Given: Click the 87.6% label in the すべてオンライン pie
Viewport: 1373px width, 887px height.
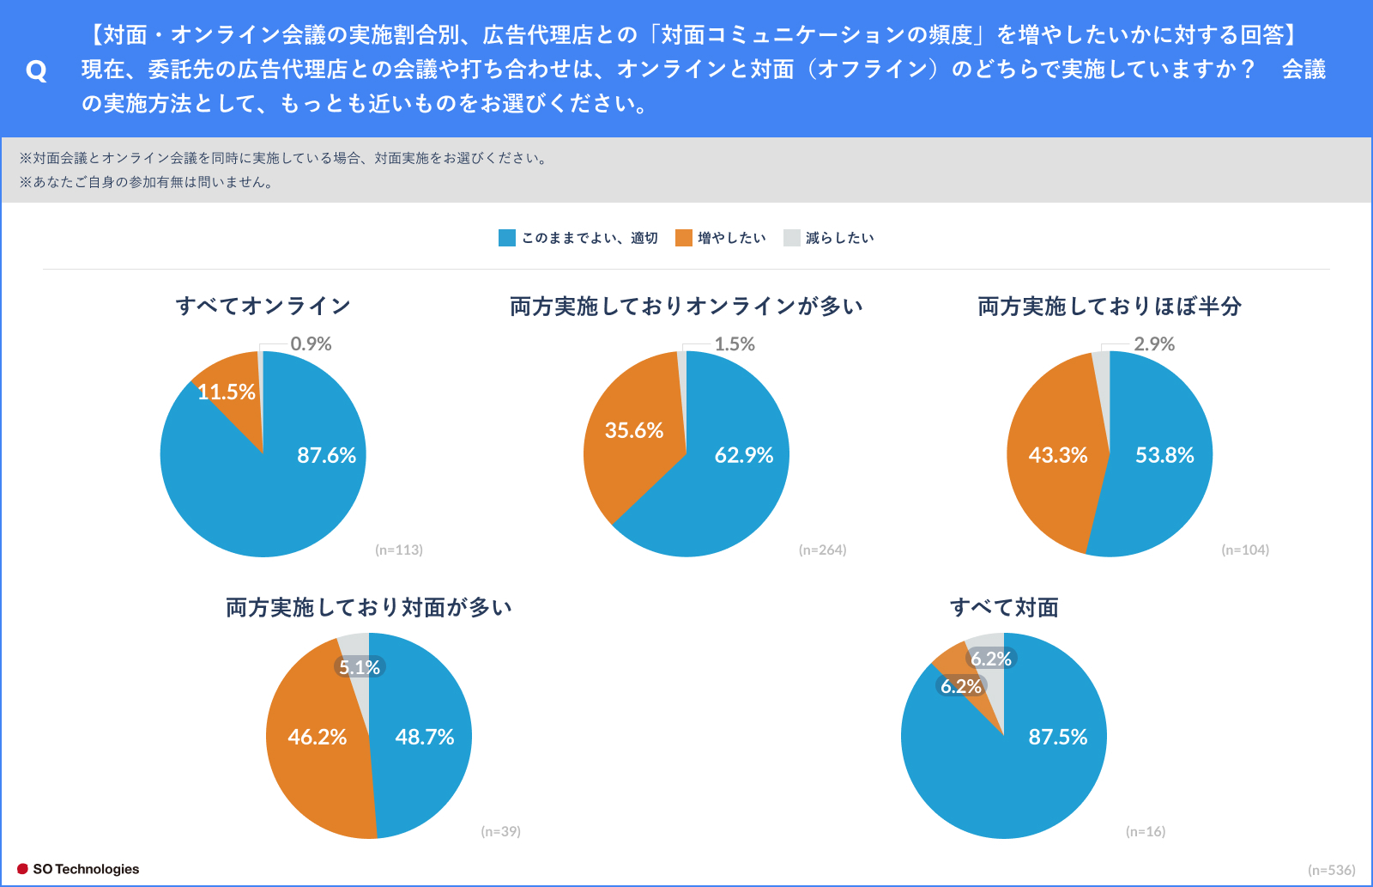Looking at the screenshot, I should coord(326,455).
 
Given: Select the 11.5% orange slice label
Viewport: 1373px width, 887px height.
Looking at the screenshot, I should coord(227,392).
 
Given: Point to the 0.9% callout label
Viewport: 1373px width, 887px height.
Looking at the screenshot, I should coord(311,343).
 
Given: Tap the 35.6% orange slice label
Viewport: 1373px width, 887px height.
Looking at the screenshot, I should coord(634,430).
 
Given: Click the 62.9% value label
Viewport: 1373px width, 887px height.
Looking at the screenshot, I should coord(744,455).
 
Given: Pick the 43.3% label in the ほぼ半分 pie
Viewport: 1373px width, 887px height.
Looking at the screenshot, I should coord(1058,455).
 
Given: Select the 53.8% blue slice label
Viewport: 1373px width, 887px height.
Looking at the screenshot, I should coord(1164,455).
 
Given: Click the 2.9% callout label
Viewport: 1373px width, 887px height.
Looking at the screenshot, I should coord(1154,343).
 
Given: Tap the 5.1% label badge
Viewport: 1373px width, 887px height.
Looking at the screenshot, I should coord(360,667).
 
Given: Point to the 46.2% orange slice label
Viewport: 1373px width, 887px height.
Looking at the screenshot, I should coord(318,737).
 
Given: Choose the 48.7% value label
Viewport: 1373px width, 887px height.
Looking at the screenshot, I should coord(425,737).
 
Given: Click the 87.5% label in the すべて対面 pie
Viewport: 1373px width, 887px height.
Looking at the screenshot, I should coord(1058,737).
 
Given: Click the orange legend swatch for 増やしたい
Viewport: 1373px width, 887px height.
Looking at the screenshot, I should coord(684,238).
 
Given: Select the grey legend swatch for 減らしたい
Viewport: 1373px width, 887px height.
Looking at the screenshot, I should coord(792,238).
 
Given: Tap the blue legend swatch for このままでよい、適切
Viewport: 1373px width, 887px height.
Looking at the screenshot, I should coord(507,238).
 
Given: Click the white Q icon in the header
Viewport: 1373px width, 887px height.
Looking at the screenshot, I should coord(36,70).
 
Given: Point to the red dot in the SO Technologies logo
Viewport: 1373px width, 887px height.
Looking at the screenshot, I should coord(23,869).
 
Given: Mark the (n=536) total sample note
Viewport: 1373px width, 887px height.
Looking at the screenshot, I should coord(1331,870).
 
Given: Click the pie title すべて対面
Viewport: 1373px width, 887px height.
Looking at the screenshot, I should coord(1004,607).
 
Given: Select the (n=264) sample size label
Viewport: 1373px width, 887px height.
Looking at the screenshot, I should coord(822,550).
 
